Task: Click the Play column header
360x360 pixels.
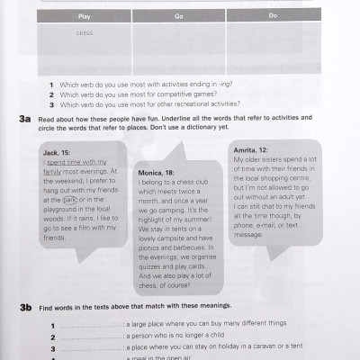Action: point(85,15)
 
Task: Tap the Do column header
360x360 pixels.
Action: point(273,15)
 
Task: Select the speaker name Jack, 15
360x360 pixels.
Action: point(58,152)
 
